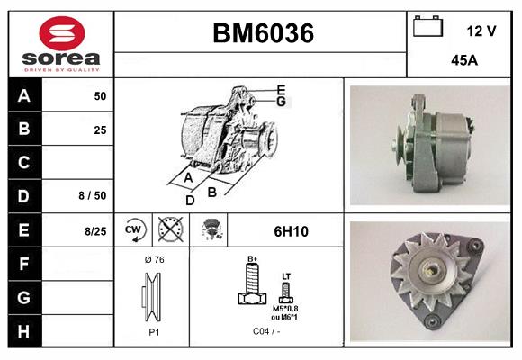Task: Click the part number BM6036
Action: [263, 34]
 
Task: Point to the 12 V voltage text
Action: [481, 31]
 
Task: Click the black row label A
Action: [23, 95]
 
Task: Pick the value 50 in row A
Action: [99, 95]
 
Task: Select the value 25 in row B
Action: [99, 130]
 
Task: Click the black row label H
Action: [23, 332]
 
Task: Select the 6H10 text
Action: [291, 231]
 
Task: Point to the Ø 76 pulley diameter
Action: [154, 259]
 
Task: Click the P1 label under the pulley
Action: [154, 331]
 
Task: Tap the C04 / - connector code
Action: [267, 331]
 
